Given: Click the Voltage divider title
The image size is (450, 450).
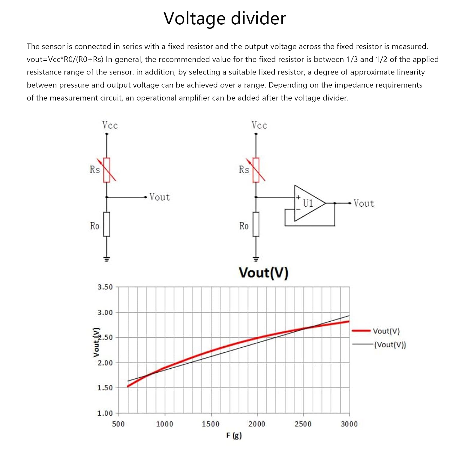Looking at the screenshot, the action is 225,19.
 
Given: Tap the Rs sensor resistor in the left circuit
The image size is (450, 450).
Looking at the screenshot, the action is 107,170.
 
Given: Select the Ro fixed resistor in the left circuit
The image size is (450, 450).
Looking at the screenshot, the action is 107,224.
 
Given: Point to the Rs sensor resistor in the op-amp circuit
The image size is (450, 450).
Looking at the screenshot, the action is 256,170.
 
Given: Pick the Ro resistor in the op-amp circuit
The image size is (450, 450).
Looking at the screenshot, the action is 256,224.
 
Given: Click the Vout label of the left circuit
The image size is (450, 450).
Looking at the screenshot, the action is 160,197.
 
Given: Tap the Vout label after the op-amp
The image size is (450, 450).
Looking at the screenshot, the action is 364,203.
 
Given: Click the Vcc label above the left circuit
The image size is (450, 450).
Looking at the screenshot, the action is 110,125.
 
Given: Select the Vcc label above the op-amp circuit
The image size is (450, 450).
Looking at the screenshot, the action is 259,125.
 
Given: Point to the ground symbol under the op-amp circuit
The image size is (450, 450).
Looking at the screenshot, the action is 256,259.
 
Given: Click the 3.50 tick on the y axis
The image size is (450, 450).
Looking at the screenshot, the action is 105,287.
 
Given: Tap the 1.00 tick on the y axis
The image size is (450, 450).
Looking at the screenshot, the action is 105,413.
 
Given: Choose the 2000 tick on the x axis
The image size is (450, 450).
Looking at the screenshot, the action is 257,424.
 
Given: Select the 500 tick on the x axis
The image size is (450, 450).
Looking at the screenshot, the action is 118,424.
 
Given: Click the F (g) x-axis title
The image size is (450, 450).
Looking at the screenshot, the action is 234,436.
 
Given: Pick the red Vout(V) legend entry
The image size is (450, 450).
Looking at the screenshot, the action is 376,331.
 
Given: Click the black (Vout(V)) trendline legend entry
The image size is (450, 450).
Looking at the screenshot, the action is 379,345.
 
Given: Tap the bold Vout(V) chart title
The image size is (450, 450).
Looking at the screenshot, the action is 264,273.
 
